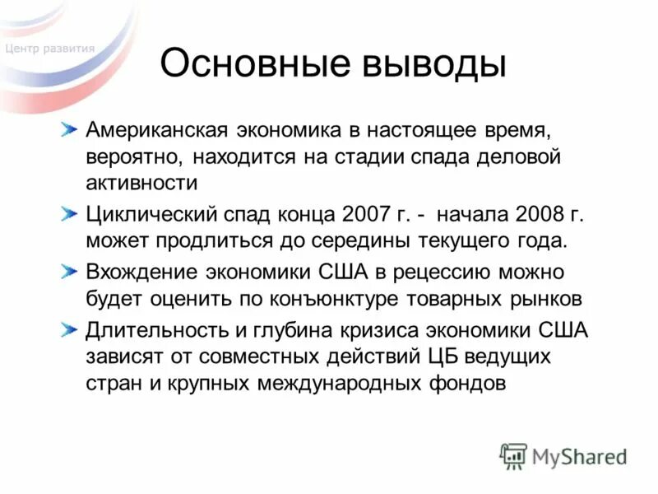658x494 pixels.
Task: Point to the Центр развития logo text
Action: (x=49, y=49)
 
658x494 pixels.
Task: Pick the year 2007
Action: (x=363, y=216)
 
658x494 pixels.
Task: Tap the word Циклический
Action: (x=151, y=216)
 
